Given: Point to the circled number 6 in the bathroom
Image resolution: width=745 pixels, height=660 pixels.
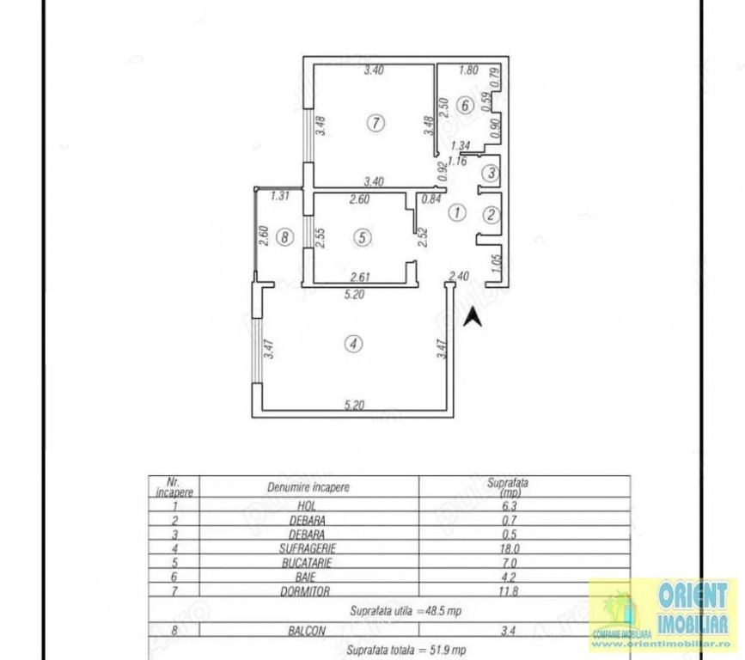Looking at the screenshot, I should [x=464, y=107].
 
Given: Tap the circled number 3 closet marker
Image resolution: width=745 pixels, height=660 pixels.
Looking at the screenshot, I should [x=491, y=173].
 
